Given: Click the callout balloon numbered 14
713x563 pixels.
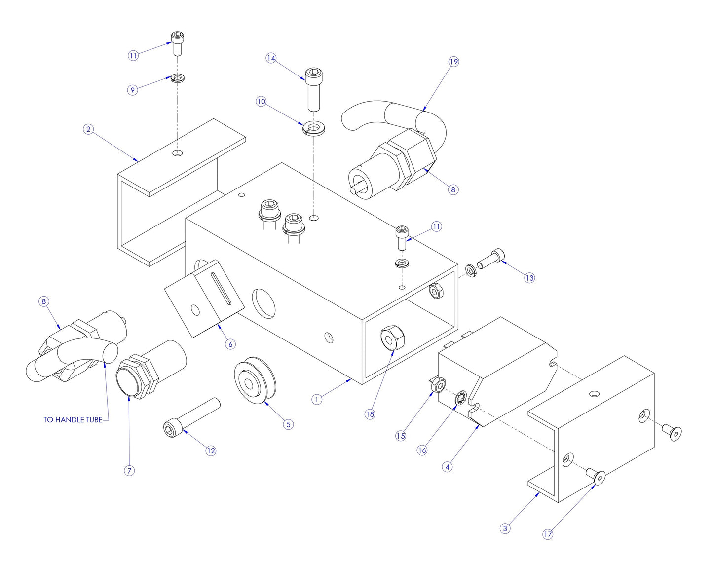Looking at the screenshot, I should pos(271,58).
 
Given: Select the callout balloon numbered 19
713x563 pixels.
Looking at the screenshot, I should pos(453,62).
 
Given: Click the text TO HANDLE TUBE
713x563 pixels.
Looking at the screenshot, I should pos(73,420).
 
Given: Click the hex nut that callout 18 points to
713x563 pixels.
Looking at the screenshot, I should pos(392,338).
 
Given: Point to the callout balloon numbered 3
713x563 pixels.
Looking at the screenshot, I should pos(504,528).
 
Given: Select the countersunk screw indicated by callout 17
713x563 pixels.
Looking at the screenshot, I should pos(598,477).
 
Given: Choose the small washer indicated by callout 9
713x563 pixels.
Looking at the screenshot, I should pos(178,78).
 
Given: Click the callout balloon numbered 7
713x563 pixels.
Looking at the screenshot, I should pos(129,471).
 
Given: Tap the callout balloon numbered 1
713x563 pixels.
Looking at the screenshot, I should pos(317,399).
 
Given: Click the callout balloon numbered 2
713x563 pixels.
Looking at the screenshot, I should pos(88,130).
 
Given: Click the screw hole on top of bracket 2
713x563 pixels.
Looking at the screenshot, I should pos(178,153).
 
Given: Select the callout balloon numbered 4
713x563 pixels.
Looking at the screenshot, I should pos(447,467).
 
